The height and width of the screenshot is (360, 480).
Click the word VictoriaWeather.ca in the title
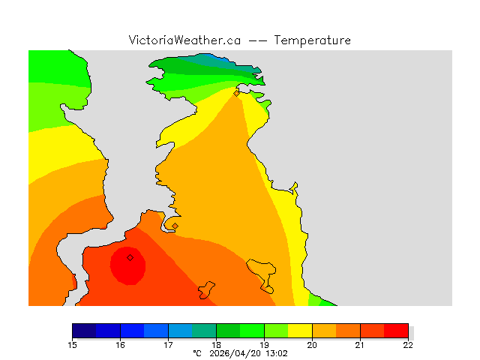point(184,40)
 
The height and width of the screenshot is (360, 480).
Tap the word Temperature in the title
point(312,40)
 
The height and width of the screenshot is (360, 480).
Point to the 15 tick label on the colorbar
point(72,345)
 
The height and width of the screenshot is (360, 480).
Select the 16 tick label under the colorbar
point(120,345)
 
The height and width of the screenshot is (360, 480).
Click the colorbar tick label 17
point(168,345)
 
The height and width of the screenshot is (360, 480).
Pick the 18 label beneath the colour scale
point(216,345)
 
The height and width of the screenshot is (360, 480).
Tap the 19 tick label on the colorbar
point(264,345)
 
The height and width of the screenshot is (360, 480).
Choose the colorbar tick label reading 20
point(312,345)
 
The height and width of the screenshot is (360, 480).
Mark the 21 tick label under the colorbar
point(360,345)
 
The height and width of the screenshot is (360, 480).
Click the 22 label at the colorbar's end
point(408,345)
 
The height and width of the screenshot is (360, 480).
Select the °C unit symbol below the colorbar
point(197,352)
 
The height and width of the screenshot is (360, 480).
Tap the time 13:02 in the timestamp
point(274,352)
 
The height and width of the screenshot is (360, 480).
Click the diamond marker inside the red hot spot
point(130,257)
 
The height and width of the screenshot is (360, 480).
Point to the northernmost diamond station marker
point(237,94)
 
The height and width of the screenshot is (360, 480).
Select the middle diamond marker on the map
point(175,226)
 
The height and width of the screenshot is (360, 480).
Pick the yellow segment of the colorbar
point(300,330)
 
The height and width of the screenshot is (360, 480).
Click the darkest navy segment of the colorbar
point(84,330)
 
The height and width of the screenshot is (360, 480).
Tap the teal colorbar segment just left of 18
point(204,330)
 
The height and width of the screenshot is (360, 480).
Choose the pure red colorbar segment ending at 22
point(396,330)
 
